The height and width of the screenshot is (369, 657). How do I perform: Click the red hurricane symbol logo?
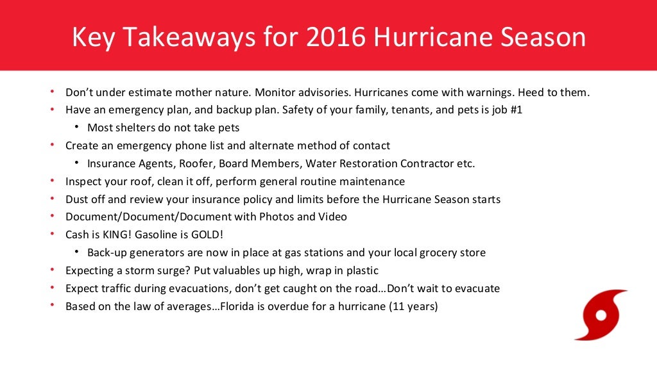(x=601, y=315)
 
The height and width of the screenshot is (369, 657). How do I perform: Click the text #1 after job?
(x=515, y=110)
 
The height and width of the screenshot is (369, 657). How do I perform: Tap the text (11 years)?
(x=413, y=306)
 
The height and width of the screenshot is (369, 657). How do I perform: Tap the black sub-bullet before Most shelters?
(x=76, y=127)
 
